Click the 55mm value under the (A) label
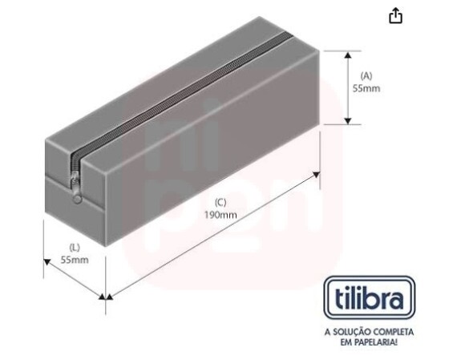(x=366, y=88)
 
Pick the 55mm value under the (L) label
(x=74, y=261)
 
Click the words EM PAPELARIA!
(x=370, y=342)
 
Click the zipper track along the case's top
(x=184, y=92)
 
